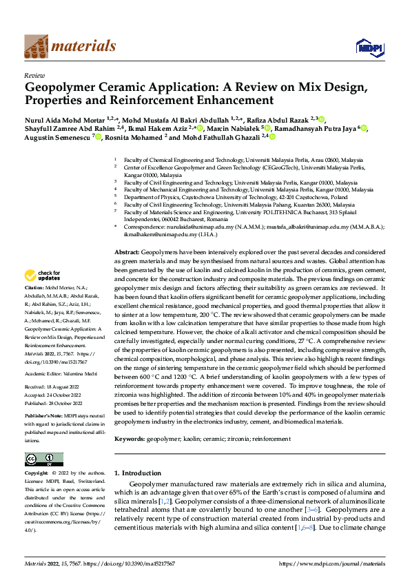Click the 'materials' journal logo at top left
70,46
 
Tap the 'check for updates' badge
43,276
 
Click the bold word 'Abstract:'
126,253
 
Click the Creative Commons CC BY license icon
43,459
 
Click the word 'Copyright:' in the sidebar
37,474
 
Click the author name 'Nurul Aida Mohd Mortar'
67,119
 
